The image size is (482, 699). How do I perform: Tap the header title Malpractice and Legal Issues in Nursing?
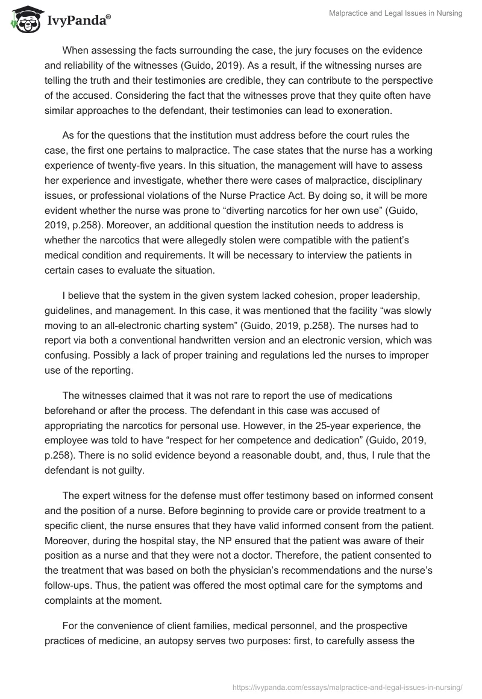coord(392,14)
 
